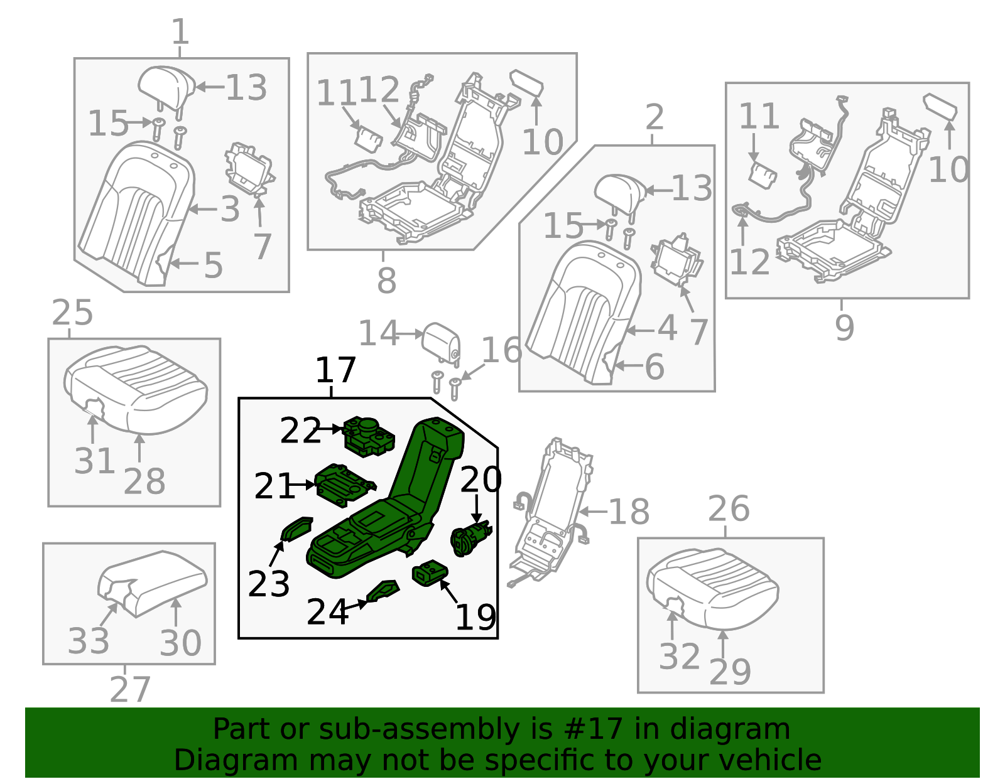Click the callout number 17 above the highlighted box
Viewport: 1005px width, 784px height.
pyautogui.click(x=335, y=370)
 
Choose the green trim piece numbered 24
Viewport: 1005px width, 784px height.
pyautogui.click(x=383, y=591)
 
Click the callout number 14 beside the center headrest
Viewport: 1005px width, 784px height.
pyautogui.click(x=378, y=333)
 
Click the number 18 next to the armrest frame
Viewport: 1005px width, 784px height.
pyautogui.click(x=629, y=512)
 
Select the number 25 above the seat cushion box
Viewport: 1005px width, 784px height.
pyautogui.click(x=72, y=313)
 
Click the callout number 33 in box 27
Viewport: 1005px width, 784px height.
pyautogui.click(x=88, y=642)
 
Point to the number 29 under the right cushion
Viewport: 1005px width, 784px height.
pyautogui.click(x=730, y=672)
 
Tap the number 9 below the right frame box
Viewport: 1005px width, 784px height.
pyautogui.click(x=844, y=328)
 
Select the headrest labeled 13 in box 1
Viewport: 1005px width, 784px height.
pyautogui.click(x=166, y=87)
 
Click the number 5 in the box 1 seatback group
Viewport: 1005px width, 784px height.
pyautogui.click(x=213, y=266)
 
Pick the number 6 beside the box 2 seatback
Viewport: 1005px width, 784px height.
pyautogui.click(x=655, y=367)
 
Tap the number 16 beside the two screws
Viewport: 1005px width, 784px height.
pyautogui.click(x=501, y=350)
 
